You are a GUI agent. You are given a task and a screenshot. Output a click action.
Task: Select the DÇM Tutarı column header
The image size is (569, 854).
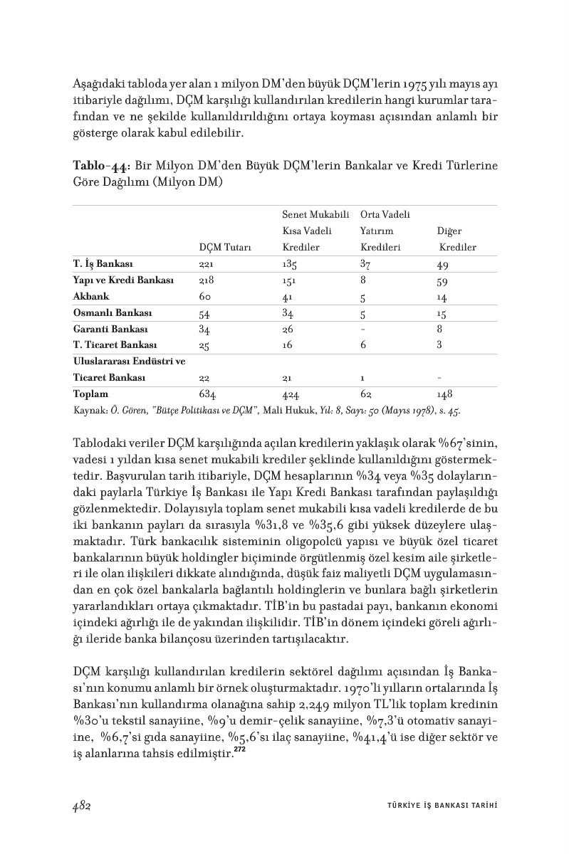pos(224,248)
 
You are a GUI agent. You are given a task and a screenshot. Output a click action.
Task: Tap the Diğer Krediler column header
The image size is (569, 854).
pos(456,239)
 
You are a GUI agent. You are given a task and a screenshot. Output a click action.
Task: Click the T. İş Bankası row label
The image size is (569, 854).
pos(104,264)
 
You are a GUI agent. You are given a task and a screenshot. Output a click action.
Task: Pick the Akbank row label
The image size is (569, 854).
pos(90,296)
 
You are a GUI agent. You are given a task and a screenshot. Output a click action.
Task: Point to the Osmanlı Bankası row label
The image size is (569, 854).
pos(113,312)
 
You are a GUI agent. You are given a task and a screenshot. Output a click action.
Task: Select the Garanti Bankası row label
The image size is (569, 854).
pos(110,329)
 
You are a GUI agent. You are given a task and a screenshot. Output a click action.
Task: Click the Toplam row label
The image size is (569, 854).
pos(90,394)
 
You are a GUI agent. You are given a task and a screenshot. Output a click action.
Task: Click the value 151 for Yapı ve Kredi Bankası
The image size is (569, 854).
pos(289,280)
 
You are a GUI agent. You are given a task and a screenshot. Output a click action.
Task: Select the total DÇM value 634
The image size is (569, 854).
pos(208,394)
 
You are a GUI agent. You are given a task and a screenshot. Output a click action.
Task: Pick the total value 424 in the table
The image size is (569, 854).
pos(291,394)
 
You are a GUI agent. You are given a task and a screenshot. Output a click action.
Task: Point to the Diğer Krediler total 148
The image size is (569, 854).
pos(445,394)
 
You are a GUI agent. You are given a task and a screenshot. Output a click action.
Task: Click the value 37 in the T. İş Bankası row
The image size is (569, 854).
pos(366,264)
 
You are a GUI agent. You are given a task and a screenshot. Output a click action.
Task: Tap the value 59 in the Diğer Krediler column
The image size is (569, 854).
pos(443,280)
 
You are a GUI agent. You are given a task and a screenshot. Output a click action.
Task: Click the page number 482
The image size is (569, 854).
pos(84,804)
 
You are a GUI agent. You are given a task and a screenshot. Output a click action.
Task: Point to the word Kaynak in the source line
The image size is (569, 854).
pos(88,411)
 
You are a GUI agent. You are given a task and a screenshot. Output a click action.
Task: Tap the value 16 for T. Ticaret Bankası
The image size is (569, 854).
pos(287,345)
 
